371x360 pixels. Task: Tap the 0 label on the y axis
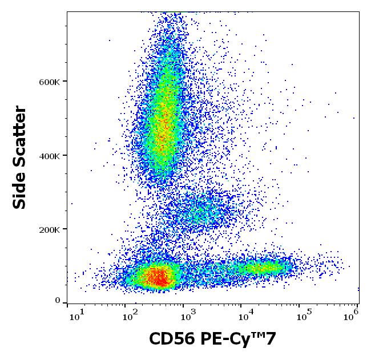[x=58, y=301]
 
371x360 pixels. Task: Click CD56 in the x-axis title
[x=172, y=339]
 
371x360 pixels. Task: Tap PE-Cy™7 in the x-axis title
[x=239, y=339]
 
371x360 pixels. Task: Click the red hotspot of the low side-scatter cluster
[x=159, y=278]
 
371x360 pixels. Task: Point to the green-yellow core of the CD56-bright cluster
[x=260, y=267]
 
